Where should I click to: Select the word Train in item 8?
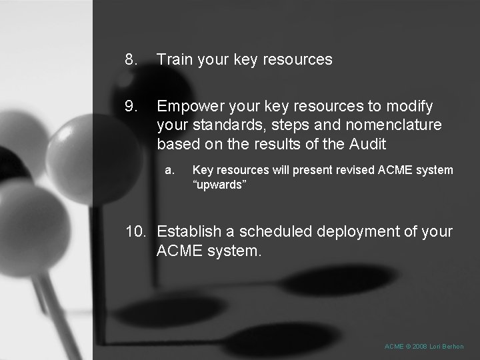pos(175,59)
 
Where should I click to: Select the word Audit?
pos(366,143)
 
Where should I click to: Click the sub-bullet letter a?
pos(169,170)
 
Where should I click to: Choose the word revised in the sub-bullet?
pos(350,170)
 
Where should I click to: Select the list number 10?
pos(137,232)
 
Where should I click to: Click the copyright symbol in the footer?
pos(407,347)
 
